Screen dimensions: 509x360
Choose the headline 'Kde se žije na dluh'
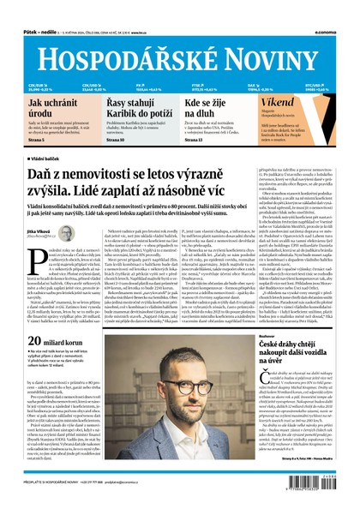[207, 107]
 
